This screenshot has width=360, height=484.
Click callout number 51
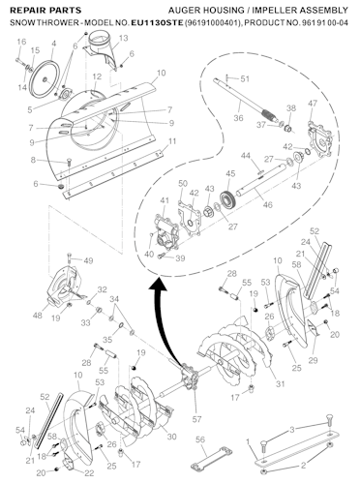pyautogui.click(x=245, y=78)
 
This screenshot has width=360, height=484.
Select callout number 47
pyautogui.click(x=312, y=103)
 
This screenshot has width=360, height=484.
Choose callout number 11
pyautogui.click(x=172, y=142)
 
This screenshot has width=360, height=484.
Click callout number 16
pyautogui.click(x=19, y=42)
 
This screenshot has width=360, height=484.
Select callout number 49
pyautogui.click(x=88, y=261)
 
